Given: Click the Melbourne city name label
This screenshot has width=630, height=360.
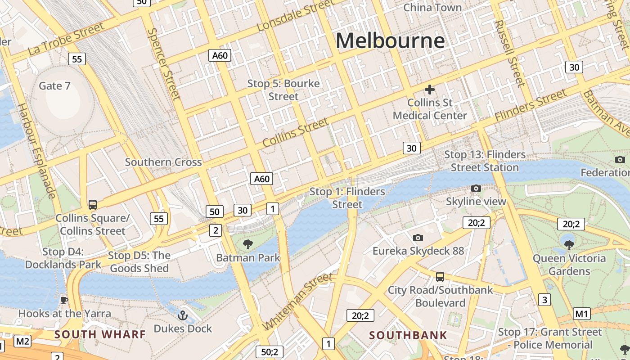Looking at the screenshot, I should click(390, 41).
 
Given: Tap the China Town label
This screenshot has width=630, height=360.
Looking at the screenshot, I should click(432, 8).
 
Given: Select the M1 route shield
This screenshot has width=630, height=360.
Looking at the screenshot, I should click(582, 314).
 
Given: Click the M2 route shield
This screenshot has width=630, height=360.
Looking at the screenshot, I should click(22, 342).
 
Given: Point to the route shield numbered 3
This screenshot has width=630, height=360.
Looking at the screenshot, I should click(544, 300).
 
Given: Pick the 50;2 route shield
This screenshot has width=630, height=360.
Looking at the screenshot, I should click(270, 352).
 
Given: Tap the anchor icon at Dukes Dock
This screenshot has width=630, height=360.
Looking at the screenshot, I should click(182, 315).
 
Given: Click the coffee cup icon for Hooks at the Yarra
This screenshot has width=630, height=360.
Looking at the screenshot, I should click(64, 300).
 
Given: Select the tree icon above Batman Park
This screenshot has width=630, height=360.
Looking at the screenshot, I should click(247, 244).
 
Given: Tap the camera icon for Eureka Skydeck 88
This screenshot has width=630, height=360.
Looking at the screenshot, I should click(418, 238).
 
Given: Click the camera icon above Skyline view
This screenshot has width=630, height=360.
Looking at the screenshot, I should click(476, 188).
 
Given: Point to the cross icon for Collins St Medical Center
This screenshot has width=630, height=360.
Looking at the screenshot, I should click(430, 90).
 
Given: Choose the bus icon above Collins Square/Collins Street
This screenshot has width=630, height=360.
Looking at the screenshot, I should click(93, 205).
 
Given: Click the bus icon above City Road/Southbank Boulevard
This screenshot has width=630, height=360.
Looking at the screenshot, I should click(440, 277).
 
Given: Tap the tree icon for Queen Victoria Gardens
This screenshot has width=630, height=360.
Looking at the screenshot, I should click(569, 245).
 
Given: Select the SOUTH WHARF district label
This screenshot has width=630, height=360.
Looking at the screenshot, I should click(100, 334).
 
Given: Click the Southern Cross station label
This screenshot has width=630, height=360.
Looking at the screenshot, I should click(163, 162).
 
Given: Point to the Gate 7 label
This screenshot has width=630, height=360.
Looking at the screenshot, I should click(54, 85).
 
